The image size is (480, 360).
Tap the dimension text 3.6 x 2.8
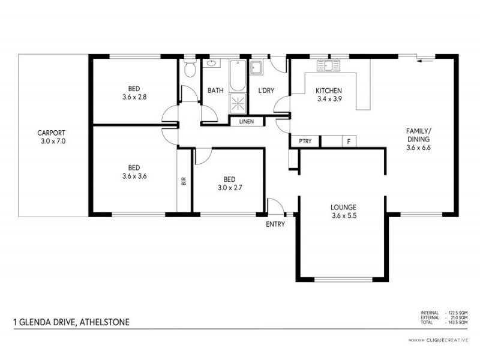(x=134, y=95)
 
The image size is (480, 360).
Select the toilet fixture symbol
(x=190, y=70)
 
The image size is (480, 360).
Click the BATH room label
(x=215, y=91)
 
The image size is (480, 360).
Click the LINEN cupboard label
(x=246, y=122)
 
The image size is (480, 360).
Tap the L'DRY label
(x=266, y=91)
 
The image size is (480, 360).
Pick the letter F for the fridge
(x=349, y=142)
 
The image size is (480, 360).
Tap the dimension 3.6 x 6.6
(x=419, y=147)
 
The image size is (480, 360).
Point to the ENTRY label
(x=275, y=224)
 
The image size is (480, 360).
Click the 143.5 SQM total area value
(x=458, y=323)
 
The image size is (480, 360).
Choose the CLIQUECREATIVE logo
(x=447, y=340)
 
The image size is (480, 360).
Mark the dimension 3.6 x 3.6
(x=134, y=176)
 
